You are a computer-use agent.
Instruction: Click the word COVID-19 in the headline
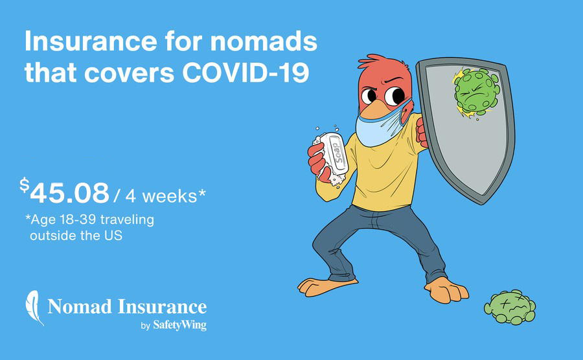(246, 72)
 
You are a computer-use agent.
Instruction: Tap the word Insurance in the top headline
(91, 41)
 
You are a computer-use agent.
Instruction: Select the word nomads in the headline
(264, 41)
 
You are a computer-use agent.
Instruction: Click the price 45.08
(70, 193)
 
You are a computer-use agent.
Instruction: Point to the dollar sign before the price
(25, 185)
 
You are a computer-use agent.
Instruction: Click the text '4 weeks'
(161, 196)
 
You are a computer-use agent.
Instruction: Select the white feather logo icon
(34, 308)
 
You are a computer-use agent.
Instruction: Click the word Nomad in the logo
(80, 307)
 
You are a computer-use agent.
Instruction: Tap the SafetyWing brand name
(179, 326)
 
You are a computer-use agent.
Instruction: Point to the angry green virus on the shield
(476, 92)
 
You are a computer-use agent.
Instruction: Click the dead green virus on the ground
(510, 307)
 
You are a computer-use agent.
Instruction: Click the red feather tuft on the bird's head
(376, 62)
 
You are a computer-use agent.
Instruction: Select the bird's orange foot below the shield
(446, 290)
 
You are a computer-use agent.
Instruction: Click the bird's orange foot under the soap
(326, 286)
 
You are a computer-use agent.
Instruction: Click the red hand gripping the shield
(422, 133)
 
